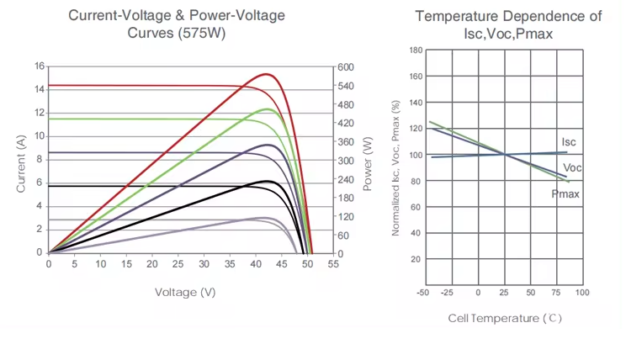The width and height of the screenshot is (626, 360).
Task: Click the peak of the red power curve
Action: click(x=267, y=74)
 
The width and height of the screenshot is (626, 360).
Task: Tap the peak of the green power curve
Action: click(x=268, y=109)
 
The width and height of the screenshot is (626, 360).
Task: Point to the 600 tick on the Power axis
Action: click(x=346, y=67)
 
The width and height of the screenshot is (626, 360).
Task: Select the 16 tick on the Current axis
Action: click(x=39, y=66)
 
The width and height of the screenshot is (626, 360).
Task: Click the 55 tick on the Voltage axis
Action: click(x=333, y=264)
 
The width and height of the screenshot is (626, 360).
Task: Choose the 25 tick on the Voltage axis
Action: click(x=178, y=264)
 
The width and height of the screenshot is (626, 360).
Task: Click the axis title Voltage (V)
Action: click(x=185, y=292)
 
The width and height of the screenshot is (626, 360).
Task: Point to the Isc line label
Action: click(x=569, y=142)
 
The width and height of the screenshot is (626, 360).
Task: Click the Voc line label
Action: click(x=572, y=168)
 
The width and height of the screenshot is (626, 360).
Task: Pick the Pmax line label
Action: click(x=565, y=194)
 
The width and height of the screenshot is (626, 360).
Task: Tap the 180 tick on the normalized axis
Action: click(x=415, y=50)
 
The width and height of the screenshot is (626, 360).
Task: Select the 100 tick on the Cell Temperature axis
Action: click(x=581, y=293)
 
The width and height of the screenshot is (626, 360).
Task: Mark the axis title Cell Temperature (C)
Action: click(x=505, y=318)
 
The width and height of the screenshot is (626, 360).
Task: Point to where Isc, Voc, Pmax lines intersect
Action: click(x=505, y=154)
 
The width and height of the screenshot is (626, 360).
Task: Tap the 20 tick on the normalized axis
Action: click(x=415, y=259)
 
